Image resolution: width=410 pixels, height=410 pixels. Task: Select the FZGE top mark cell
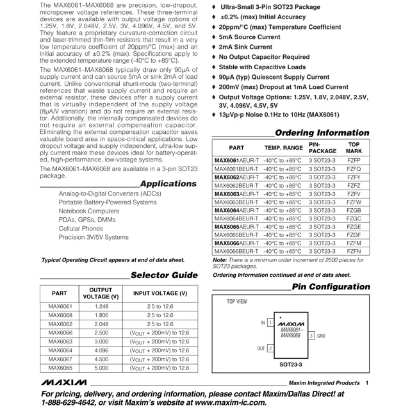pos(353,227)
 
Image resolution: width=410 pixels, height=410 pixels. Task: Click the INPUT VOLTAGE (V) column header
pos(160,293)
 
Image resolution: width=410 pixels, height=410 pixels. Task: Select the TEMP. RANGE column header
pos(283,147)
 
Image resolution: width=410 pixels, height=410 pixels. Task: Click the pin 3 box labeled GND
pos(311,336)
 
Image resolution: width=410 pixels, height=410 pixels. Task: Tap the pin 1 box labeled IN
pos(270,323)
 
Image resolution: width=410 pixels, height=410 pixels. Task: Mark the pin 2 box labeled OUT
pos(270,348)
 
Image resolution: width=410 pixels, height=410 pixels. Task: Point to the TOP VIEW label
pos(237,301)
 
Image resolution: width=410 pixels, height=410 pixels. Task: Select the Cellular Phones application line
pos(80,228)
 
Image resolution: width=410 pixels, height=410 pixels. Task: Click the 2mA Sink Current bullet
pos(245,47)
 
